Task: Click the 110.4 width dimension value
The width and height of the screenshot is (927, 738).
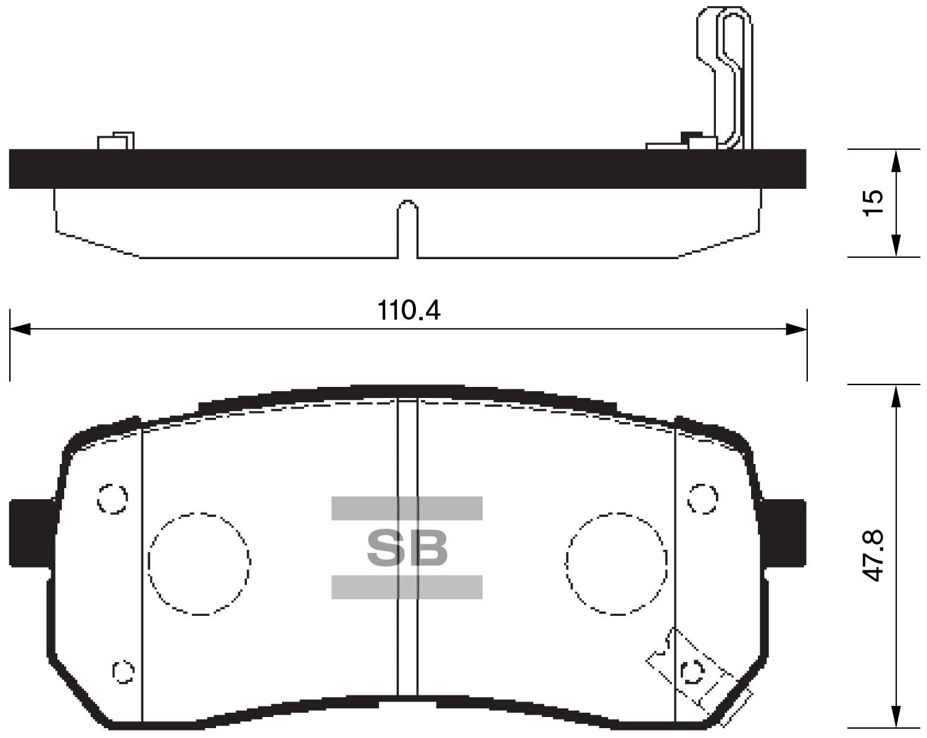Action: point(409,310)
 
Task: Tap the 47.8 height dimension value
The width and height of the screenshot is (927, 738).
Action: point(873,555)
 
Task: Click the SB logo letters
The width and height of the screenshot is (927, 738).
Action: point(407,548)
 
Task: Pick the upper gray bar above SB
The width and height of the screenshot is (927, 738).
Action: point(407,508)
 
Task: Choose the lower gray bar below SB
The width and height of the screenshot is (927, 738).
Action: point(407,587)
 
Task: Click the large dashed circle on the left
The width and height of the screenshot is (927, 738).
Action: point(199,564)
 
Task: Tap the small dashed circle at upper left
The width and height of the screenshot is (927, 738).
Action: point(112,498)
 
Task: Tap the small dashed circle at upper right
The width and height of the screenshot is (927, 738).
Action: point(702,498)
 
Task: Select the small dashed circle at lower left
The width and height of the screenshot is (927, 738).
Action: point(123,671)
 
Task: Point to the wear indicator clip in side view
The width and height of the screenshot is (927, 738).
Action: point(731,74)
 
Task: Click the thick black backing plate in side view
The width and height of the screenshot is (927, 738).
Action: point(407,168)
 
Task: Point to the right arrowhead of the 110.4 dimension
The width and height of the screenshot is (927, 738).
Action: point(797,329)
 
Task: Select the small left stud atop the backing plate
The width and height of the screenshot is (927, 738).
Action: point(115,141)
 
